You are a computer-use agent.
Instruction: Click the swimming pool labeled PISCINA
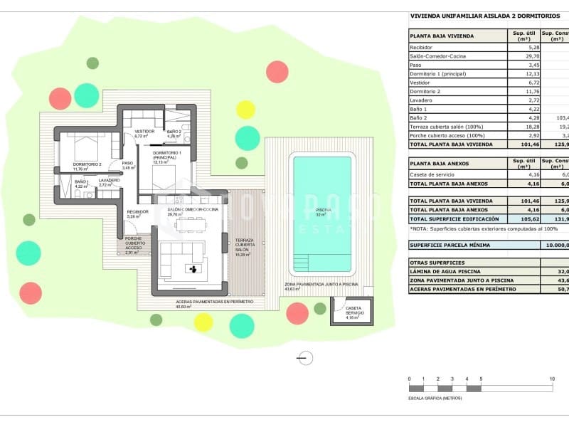pos(322,213)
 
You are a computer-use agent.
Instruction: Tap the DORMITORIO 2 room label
pos(86,164)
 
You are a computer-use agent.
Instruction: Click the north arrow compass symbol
pos(306,358)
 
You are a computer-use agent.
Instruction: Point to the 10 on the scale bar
pos(552,379)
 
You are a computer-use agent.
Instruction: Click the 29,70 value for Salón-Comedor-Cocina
pos(522,56)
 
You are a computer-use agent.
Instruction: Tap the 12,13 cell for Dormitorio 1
pos(522,73)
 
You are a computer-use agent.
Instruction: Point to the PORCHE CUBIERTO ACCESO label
pos(134,244)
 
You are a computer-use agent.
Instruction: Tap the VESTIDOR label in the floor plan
pos(144,132)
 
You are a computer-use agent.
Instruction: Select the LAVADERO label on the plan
pos(109,181)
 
